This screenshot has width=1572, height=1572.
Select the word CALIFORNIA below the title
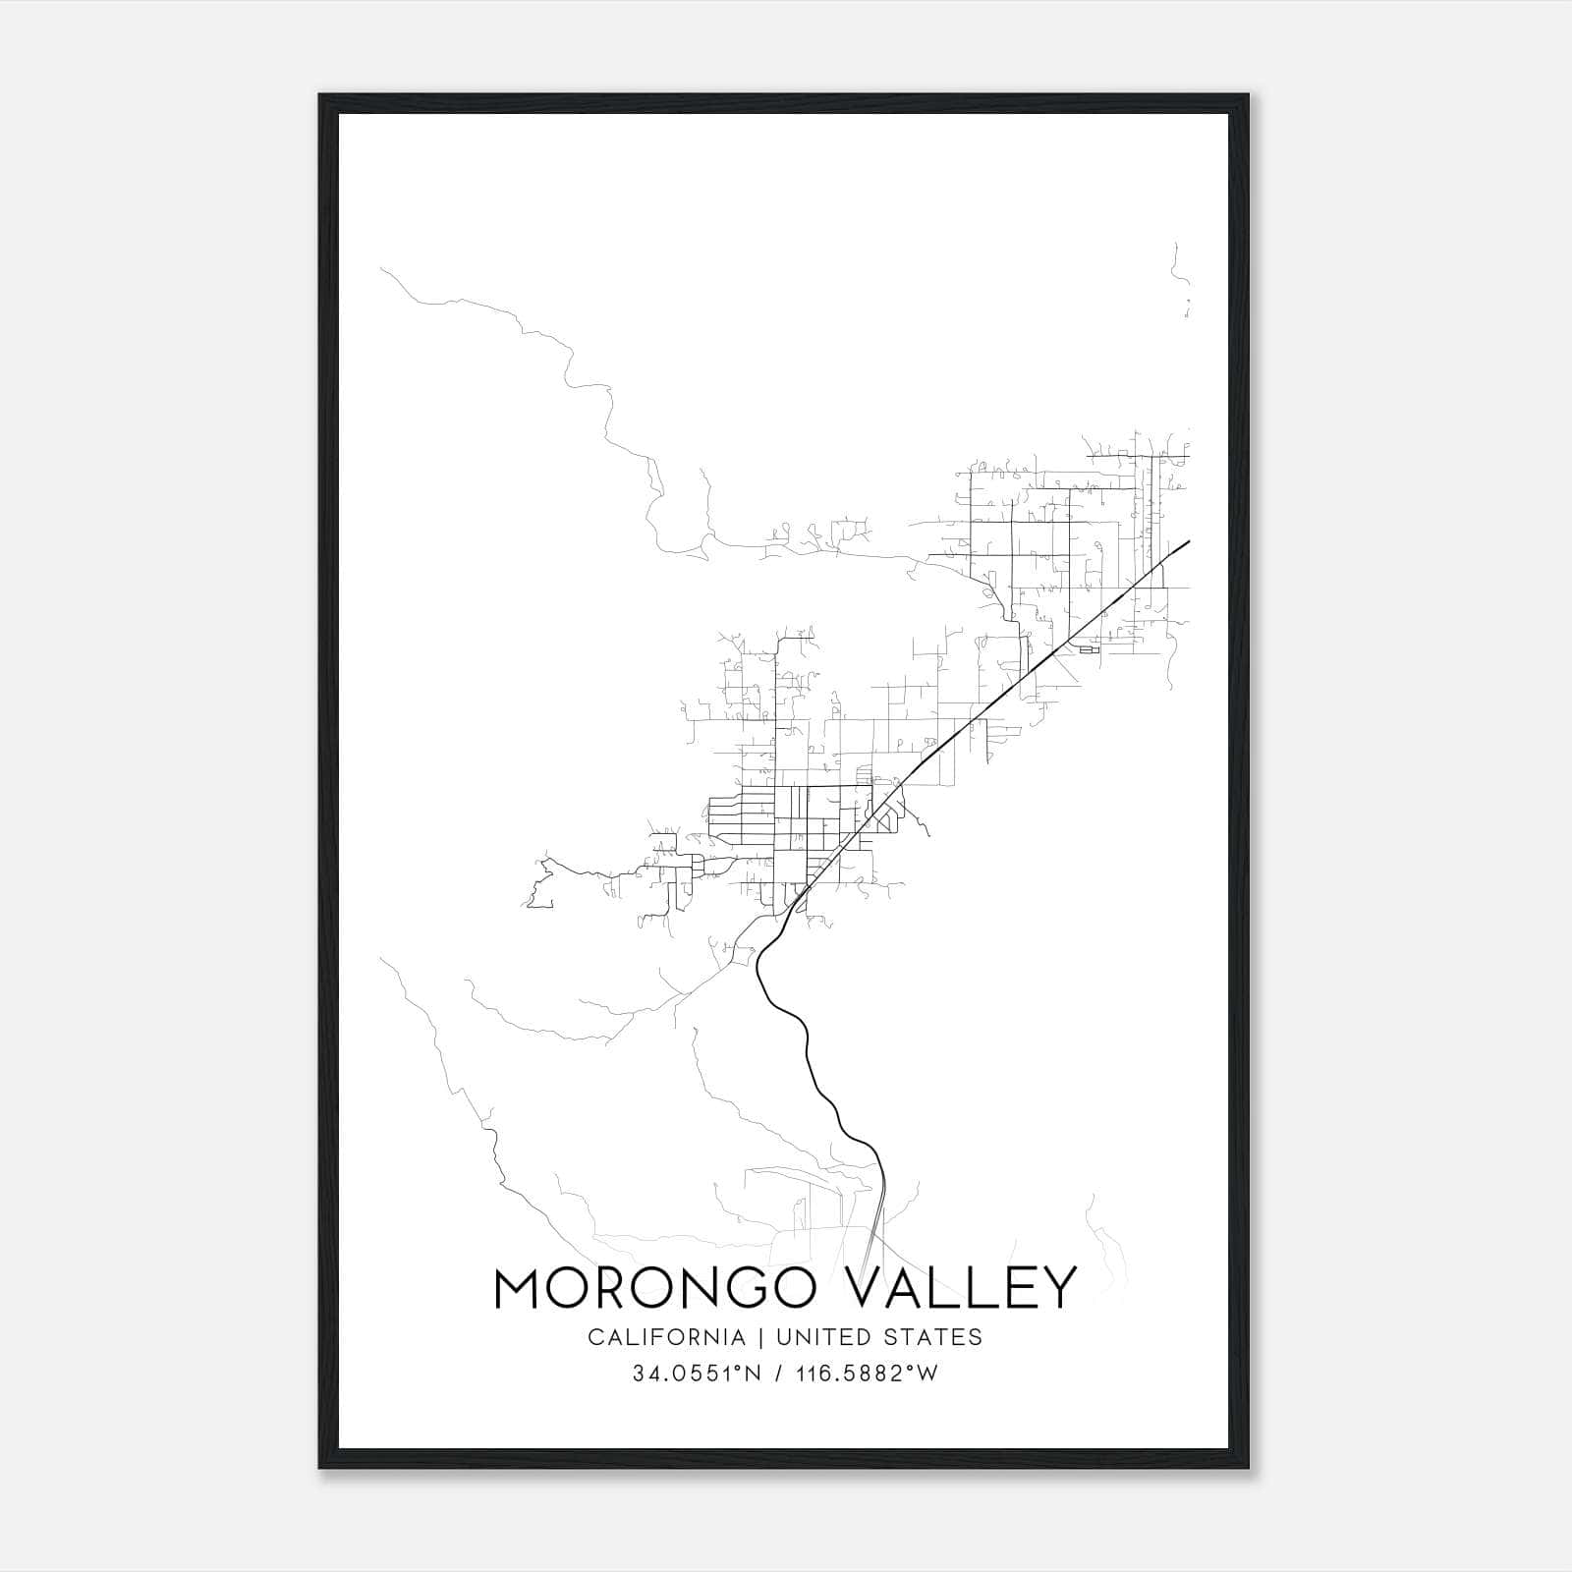click(666, 1337)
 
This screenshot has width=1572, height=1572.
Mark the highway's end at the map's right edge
click(1189, 540)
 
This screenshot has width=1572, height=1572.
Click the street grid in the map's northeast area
click(1061, 531)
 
